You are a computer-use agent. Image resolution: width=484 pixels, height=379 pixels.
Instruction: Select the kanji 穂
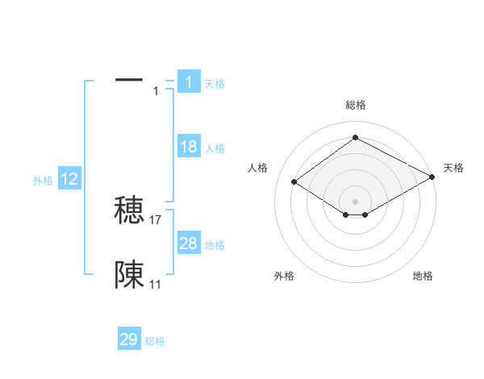129,210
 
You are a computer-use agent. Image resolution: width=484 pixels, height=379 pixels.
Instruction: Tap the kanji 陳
129,275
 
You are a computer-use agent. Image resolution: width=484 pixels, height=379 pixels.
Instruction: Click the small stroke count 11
156,285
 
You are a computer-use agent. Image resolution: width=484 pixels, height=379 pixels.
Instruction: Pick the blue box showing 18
189,147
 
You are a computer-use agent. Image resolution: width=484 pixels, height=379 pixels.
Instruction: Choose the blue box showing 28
189,244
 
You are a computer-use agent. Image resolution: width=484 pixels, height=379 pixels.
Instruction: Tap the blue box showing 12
69,180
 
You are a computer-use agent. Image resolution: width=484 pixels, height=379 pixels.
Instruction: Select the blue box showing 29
129,339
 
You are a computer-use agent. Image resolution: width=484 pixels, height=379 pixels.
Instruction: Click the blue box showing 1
189,82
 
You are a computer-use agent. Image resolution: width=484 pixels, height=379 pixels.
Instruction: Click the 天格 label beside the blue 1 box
215,84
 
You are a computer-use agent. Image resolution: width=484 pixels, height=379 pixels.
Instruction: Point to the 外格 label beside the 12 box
43,181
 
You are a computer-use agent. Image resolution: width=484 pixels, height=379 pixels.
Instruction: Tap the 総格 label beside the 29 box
155,341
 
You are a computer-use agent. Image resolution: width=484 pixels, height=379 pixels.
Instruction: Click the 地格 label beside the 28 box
215,245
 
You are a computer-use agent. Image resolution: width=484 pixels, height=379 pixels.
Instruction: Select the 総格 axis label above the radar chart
355,105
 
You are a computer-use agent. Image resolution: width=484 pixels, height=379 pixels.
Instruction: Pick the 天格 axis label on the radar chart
453,168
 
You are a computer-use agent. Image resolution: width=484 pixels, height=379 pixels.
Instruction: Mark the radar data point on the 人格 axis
294,182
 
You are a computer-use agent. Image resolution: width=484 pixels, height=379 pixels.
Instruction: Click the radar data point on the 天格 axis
432,177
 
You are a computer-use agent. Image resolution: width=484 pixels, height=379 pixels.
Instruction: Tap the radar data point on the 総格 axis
355,138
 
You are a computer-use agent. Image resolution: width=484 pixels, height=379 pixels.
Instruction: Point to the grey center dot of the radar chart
355,201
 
